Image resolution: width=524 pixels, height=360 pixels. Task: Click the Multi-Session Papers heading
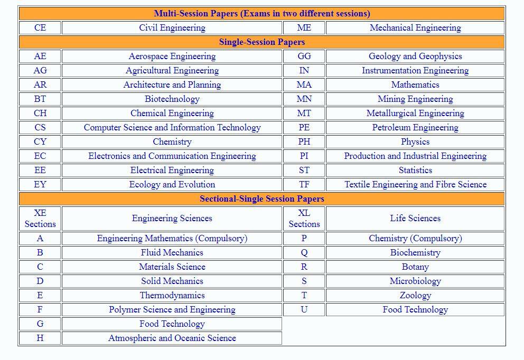coord(262,13)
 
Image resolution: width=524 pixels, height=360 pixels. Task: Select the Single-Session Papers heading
coord(262,42)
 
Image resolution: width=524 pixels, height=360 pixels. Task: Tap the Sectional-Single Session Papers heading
coord(262,198)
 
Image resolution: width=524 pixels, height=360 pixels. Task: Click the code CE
coord(40,27)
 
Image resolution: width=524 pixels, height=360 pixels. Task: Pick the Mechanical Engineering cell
coord(415,27)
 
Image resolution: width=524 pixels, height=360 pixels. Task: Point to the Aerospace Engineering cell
coord(172,56)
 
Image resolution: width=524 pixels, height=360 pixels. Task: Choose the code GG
coord(304,56)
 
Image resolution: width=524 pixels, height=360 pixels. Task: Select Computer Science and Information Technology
coord(172,127)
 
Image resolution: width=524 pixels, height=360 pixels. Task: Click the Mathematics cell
coord(415,84)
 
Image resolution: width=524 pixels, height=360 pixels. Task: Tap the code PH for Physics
coord(304,141)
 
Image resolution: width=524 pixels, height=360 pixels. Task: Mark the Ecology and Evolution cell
coord(172,184)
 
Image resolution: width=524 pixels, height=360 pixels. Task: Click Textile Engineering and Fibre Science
coord(415,184)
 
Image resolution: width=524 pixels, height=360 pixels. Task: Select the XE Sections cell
coord(40,218)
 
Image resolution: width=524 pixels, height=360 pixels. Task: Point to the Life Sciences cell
coord(415,218)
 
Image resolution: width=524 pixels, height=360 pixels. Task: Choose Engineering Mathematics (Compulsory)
coord(172,238)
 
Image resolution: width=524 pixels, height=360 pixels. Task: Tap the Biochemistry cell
coord(415,252)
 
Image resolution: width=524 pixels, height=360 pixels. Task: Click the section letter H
coord(40,338)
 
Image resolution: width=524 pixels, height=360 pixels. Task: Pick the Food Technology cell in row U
coord(415,309)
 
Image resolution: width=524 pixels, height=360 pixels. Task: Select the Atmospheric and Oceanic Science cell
coord(172,338)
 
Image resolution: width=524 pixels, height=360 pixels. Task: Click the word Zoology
coord(415,295)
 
